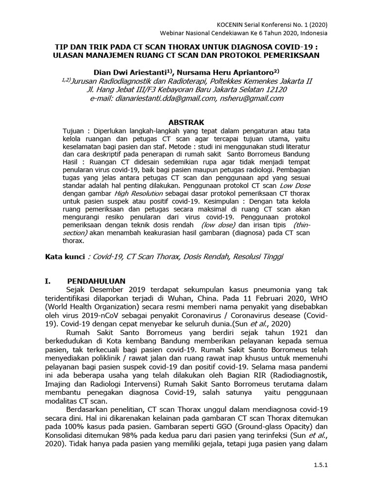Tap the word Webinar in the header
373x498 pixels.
pyautogui.click(x=174, y=33)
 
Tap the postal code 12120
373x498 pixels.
pyautogui.click(x=273, y=89)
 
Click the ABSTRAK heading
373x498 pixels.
pyautogui.click(x=186, y=122)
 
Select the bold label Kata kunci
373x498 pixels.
pyautogui.click(x=61, y=256)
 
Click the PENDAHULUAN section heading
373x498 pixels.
pyautogui.click(x=96, y=281)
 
